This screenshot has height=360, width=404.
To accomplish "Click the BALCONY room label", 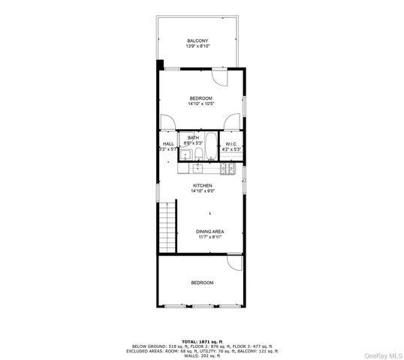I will [x=197, y=40].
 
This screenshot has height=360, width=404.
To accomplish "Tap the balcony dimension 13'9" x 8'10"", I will [x=197, y=46].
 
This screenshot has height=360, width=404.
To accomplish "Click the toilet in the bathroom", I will [x=196, y=155].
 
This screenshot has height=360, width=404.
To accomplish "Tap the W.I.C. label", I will [x=231, y=144].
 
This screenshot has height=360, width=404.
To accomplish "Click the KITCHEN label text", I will [x=202, y=185].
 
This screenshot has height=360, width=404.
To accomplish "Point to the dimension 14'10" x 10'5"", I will [x=200, y=104].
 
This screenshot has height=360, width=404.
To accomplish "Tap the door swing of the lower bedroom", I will [x=235, y=264].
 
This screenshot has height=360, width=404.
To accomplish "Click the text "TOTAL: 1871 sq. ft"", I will [x=201, y=340].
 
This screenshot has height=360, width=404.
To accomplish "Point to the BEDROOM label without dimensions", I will [x=202, y=283].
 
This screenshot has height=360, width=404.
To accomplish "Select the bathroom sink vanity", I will [x=183, y=154].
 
